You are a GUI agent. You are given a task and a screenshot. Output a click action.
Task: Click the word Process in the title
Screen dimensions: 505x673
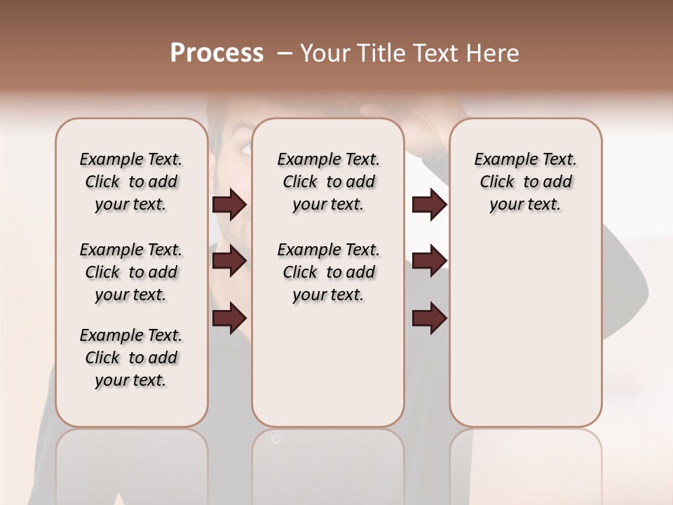point(217,53)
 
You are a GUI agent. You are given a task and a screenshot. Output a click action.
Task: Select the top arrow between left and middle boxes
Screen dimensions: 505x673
point(229,204)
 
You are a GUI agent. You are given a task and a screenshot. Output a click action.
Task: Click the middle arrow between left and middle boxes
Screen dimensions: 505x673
point(229,261)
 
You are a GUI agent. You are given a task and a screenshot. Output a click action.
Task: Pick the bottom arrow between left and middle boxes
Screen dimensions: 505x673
point(229,318)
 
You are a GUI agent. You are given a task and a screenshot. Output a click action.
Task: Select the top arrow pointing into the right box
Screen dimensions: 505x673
point(429,204)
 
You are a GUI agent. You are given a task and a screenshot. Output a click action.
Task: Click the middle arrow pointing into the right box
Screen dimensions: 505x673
point(429,261)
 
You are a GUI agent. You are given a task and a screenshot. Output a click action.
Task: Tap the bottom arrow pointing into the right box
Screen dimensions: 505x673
point(429,318)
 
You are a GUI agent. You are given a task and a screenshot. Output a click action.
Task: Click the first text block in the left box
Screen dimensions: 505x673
point(131,182)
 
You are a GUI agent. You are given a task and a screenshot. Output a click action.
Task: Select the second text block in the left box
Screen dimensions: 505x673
point(131,272)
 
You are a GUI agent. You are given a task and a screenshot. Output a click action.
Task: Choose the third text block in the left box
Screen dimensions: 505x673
point(131,358)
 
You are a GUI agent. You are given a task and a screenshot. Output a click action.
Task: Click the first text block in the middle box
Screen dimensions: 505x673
point(328,182)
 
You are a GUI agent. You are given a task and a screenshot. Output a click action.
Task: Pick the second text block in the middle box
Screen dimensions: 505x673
point(328,272)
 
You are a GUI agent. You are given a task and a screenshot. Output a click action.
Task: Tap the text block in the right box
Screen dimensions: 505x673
point(526,182)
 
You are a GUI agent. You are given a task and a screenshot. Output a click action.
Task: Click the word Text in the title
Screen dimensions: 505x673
point(428,53)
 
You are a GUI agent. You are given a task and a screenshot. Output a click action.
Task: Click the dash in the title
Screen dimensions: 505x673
point(285,53)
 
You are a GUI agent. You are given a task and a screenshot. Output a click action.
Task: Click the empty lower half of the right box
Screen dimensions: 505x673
point(526,337)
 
